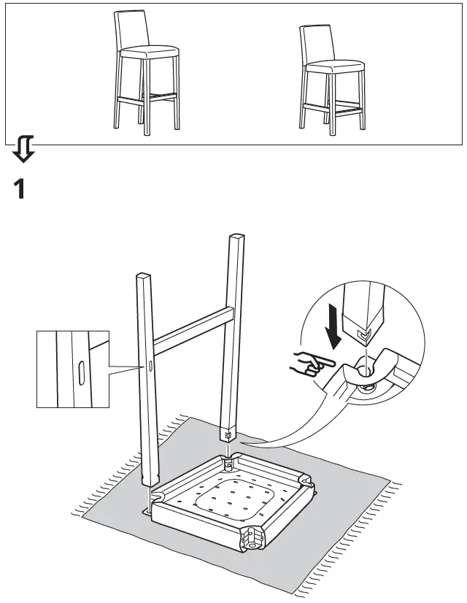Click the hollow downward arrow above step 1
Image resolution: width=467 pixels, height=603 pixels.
(x=23, y=147)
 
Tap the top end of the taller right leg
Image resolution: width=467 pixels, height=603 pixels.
(x=239, y=238)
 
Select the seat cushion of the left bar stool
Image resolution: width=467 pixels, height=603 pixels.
(x=149, y=53)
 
